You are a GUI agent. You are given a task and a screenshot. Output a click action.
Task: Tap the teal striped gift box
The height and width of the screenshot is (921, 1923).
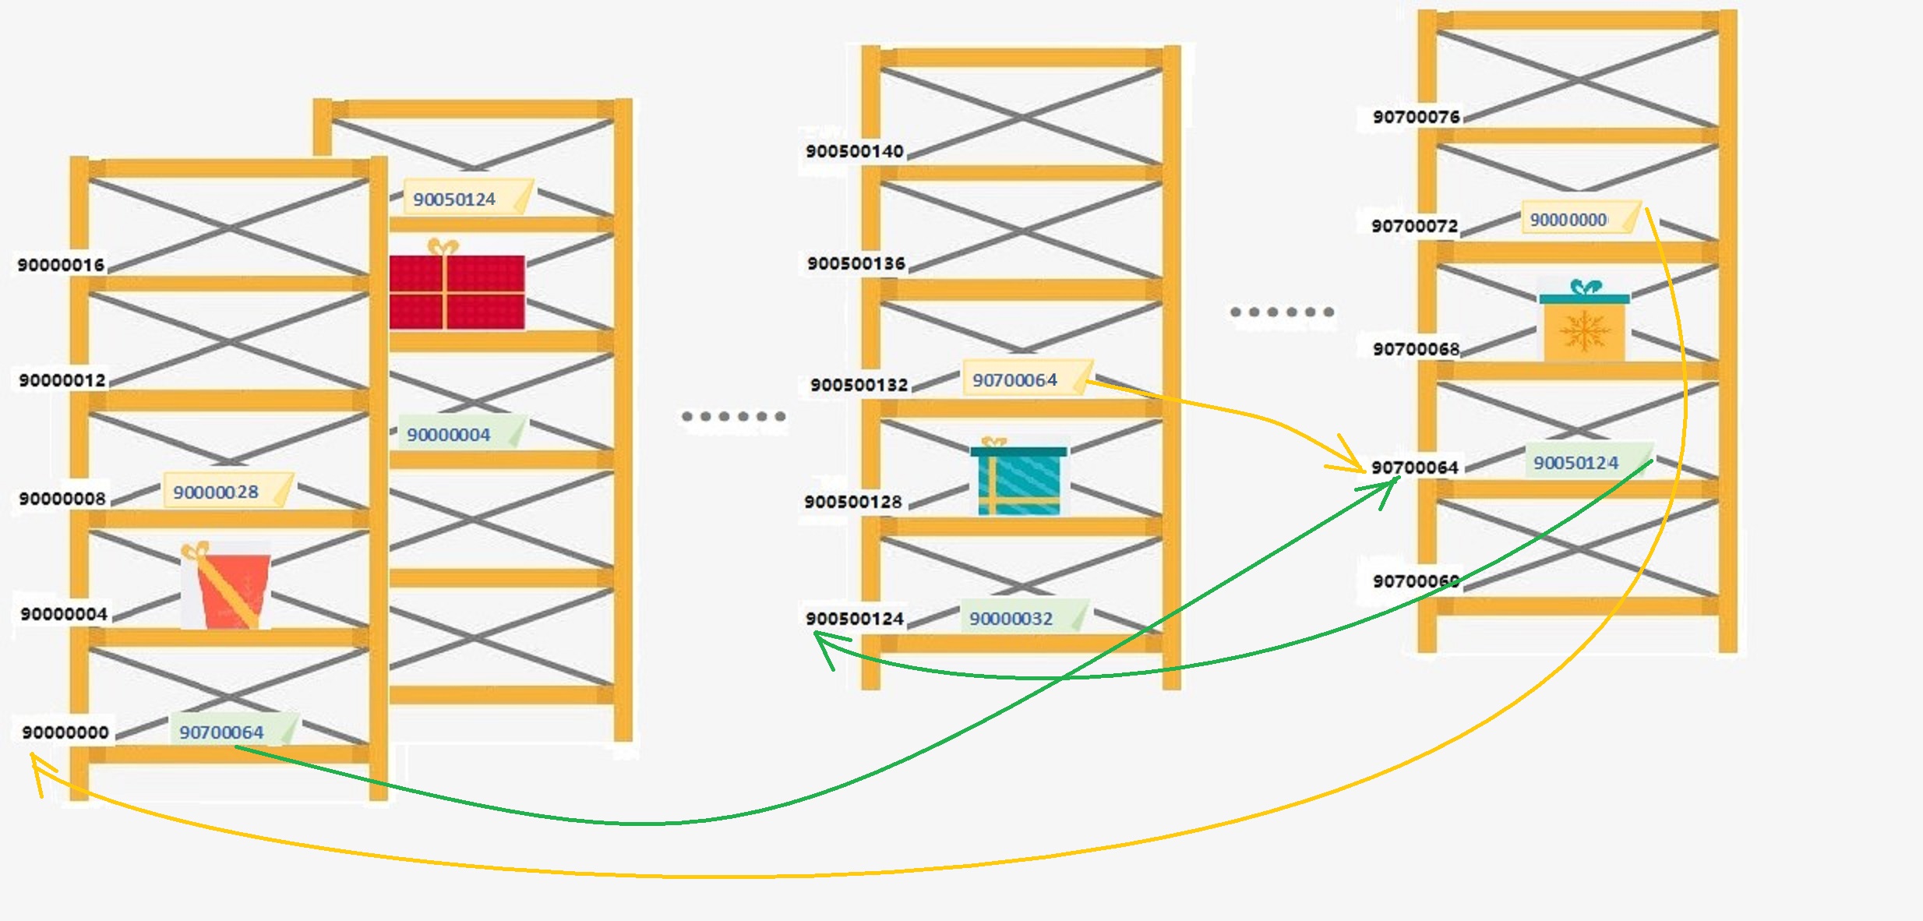pyautogui.click(x=1018, y=477)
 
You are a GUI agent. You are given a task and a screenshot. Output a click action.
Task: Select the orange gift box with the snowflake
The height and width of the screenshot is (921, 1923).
pyautogui.click(x=1584, y=321)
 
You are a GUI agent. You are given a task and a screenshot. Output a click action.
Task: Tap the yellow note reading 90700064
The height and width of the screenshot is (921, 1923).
pyautogui.click(x=1027, y=379)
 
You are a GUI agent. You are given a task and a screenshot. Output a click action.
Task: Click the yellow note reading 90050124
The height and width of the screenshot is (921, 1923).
pyautogui.click(x=468, y=198)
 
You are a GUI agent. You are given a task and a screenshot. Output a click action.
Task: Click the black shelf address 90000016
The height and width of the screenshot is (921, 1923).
pyautogui.click(x=61, y=265)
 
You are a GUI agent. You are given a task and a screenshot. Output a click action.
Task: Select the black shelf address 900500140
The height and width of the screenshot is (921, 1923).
pyautogui.click(x=855, y=151)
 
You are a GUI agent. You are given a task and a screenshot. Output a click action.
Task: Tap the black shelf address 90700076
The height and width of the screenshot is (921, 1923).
pyautogui.click(x=1417, y=117)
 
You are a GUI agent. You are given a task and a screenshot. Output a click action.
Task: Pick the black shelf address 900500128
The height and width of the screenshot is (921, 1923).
pyautogui.click(x=853, y=502)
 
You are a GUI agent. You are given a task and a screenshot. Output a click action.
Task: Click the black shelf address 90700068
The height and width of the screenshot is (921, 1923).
pyautogui.click(x=1417, y=349)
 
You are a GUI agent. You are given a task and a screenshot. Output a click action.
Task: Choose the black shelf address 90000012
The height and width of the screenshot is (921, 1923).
pyautogui.click(x=62, y=380)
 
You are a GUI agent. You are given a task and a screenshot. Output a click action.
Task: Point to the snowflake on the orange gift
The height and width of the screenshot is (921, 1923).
pyautogui.click(x=1584, y=331)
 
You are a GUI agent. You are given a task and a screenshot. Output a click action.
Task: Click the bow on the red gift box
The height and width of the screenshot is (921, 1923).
pyautogui.click(x=443, y=247)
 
